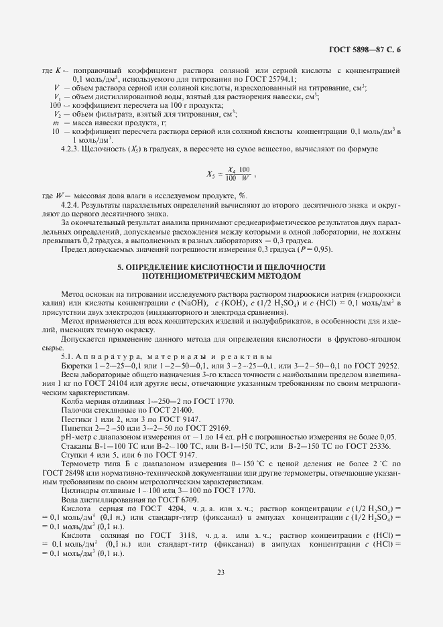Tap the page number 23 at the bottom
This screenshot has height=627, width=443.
point(220,571)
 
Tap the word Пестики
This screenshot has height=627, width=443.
point(75,419)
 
